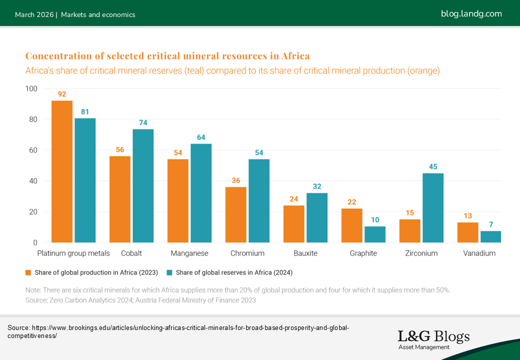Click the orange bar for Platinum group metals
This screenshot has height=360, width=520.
tap(62, 171)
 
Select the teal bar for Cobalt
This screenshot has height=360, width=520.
tap(143, 186)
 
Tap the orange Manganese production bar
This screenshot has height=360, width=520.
tap(178, 201)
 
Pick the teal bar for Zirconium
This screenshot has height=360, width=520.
tap(433, 208)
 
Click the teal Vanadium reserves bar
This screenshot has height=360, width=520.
tap(491, 237)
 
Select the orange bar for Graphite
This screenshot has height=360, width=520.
tap(352, 225)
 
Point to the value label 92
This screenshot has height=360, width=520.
tap(62, 94)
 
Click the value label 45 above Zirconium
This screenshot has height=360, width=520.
tap(433, 166)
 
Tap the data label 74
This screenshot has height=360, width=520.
tap(143, 122)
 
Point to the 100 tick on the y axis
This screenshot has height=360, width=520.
tap(31, 89)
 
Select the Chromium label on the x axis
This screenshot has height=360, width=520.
tap(247, 253)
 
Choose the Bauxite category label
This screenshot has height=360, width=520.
tap(305, 253)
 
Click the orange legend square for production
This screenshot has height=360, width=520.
tap(28, 272)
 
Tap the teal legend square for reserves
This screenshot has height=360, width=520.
tap(169, 272)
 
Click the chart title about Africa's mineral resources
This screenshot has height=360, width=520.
tap(167, 55)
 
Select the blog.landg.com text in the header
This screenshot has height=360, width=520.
tap(471, 14)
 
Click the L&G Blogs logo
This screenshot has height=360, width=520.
tap(433, 338)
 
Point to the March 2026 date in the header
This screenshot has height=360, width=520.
tap(35, 14)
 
